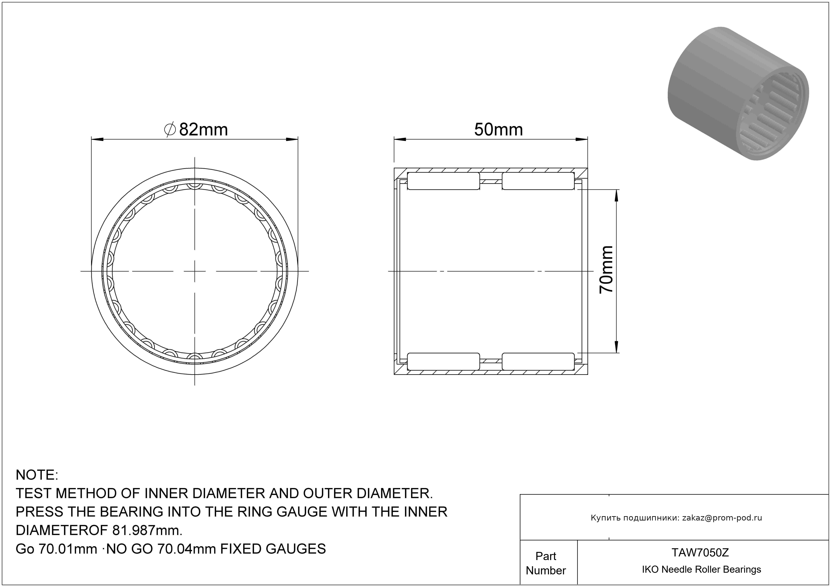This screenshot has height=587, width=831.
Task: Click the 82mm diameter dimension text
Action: coord(203,130)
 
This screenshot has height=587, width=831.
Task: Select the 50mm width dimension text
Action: coord(498,130)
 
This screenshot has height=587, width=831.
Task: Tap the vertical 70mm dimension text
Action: coord(606,269)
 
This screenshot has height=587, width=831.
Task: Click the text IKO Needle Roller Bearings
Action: coord(701,569)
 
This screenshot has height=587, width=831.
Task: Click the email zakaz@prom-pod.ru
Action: coord(722,518)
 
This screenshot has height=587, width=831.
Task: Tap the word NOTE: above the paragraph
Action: coord(37,475)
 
